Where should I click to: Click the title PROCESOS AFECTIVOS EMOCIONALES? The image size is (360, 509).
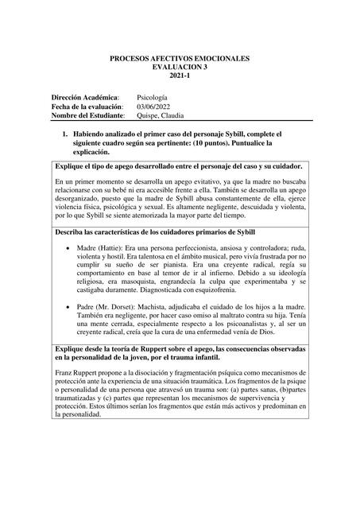179,59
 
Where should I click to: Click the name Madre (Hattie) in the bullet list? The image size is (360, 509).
102,248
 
